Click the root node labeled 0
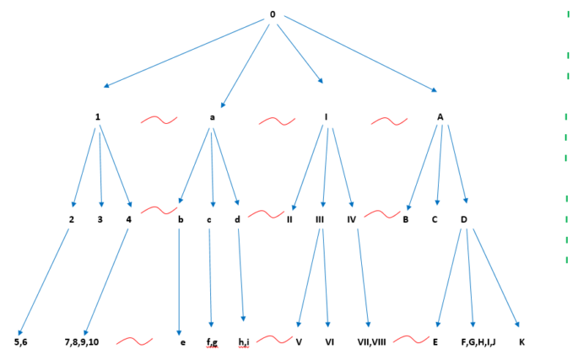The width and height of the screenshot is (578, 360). tap(273, 14)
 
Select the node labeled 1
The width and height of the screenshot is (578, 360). tap(98, 117)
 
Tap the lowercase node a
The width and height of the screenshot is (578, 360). tap(213, 117)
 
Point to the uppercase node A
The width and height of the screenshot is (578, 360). tap(440, 117)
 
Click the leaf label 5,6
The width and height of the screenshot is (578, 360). tap(20, 342)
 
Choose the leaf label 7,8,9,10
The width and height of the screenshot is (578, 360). tap(82, 342)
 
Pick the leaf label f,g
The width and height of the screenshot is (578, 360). tap(212, 342)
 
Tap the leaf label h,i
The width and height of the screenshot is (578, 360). tap(244, 342)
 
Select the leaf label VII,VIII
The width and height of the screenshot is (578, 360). tap(371, 342)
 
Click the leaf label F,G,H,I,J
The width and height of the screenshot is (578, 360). tap(478, 342)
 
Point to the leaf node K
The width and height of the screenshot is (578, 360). tap(521, 342)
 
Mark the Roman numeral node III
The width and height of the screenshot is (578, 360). tap(320, 219)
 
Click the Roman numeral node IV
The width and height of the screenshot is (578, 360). tap(351, 219)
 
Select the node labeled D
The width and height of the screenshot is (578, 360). tap(464, 219)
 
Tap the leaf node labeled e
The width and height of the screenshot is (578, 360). tap(183, 342)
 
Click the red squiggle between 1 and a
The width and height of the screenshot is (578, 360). tap(159, 120)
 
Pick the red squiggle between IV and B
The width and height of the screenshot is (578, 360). tap(382, 213)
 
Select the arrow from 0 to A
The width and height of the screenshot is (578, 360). tap(360, 54)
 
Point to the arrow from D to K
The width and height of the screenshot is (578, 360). tap(496, 278)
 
